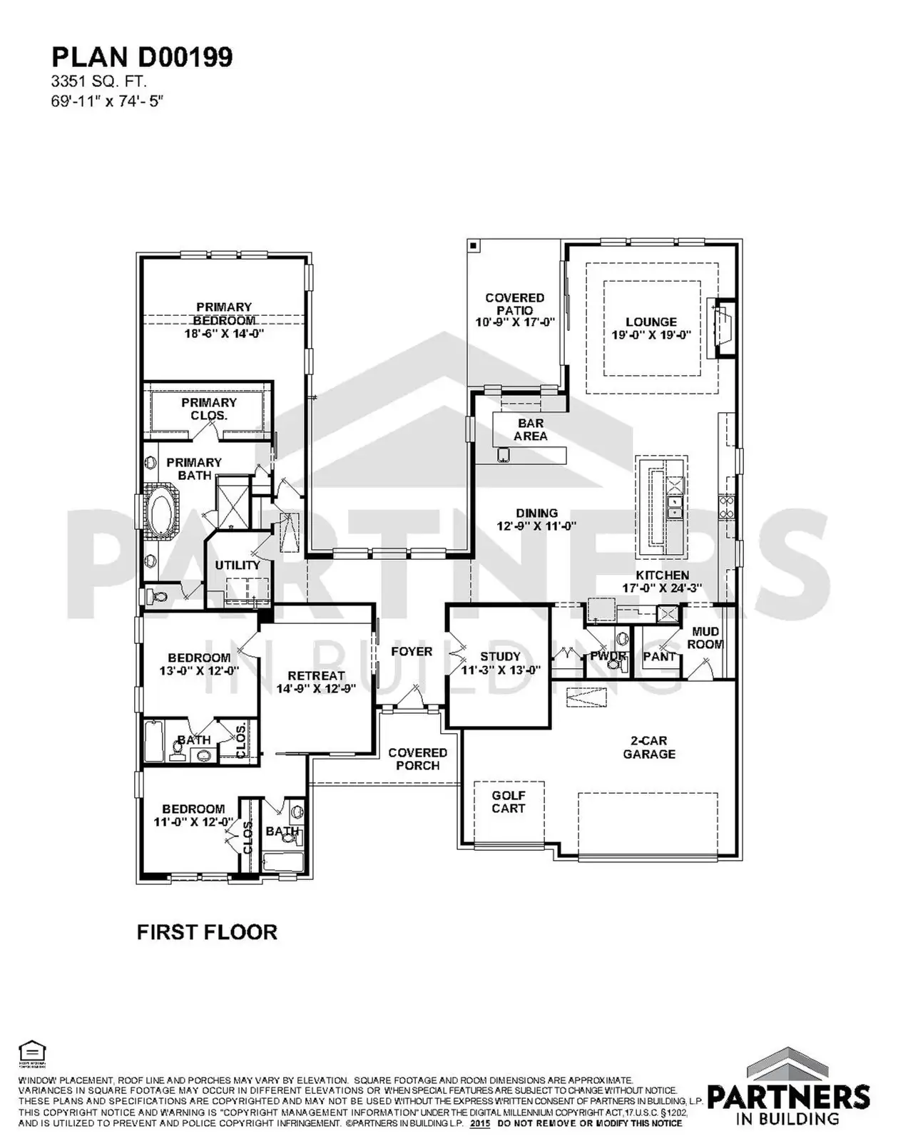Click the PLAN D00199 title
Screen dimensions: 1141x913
click(x=142, y=58)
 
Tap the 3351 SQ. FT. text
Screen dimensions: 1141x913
click(x=98, y=83)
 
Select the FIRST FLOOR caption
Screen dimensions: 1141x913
click(x=207, y=932)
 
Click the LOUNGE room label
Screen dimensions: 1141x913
click(x=651, y=322)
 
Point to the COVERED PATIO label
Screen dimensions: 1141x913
click(x=514, y=305)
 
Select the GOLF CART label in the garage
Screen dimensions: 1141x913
click(x=509, y=802)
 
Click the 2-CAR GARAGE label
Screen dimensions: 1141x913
click(x=649, y=747)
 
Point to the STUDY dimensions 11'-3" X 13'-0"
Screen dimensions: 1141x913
click(x=501, y=670)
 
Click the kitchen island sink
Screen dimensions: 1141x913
click(x=674, y=507)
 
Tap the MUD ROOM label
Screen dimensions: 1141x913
click(x=705, y=638)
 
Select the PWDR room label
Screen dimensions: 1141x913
click(x=608, y=656)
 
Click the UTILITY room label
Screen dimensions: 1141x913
click(x=238, y=566)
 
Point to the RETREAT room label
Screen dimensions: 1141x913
click(x=316, y=675)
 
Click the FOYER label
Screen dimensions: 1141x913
click(x=412, y=651)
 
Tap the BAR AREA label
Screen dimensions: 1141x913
click(x=531, y=429)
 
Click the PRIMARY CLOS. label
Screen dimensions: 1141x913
click(x=209, y=409)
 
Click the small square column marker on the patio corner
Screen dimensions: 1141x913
click(x=474, y=245)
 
